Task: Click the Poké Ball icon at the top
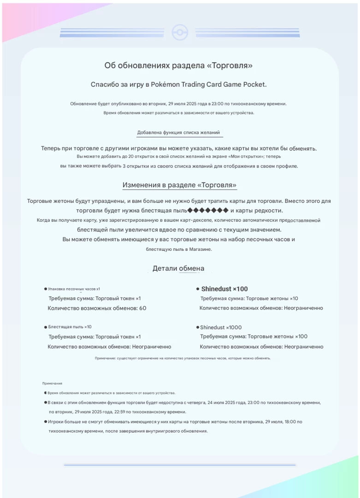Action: click(x=180, y=32)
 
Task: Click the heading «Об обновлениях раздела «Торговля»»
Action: click(x=178, y=66)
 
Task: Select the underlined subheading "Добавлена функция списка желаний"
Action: click(x=178, y=133)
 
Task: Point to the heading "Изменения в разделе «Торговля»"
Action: click(x=179, y=185)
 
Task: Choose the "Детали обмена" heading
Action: click(x=178, y=268)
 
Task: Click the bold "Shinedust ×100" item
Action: click(x=224, y=289)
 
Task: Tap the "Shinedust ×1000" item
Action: click(x=221, y=327)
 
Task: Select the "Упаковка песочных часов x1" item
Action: click(x=74, y=289)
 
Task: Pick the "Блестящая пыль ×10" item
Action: click(x=70, y=327)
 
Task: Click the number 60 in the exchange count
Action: click(x=142, y=308)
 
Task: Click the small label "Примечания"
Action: click(x=52, y=383)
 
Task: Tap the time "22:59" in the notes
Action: click(x=119, y=412)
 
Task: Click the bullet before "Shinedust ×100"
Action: click(x=197, y=289)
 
